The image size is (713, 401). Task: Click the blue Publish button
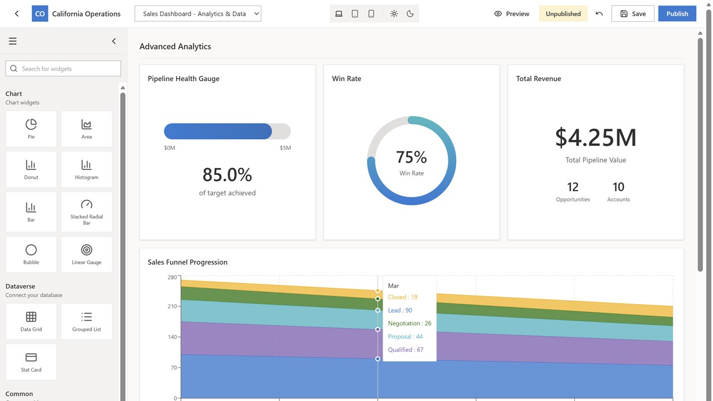tap(677, 14)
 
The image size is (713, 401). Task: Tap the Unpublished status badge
tap(563, 14)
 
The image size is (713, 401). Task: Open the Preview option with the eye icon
tap(511, 14)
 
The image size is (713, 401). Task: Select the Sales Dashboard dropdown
tap(198, 14)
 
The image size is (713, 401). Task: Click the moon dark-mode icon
tap(410, 14)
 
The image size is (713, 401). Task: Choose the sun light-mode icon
tap(394, 14)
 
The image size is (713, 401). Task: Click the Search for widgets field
tap(63, 69)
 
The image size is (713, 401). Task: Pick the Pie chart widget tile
tap(31, 129)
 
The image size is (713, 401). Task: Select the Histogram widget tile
tap(86, 169)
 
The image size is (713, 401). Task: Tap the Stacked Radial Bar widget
tap(86, 212)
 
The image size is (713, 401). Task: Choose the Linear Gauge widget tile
tap(86, 255)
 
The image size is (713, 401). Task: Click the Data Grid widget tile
tap(31, 321)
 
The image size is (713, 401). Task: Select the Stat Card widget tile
tap(31, 362)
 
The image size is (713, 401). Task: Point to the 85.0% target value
tap(227, 174)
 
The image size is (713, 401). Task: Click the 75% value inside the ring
tap(411, 157)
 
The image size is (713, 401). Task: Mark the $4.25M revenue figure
tap(595, 138)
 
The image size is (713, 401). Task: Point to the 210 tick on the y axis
tap(172, 306)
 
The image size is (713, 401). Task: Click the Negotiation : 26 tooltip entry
tap(409, 323)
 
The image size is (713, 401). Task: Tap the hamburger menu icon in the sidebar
tap(13, 41)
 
